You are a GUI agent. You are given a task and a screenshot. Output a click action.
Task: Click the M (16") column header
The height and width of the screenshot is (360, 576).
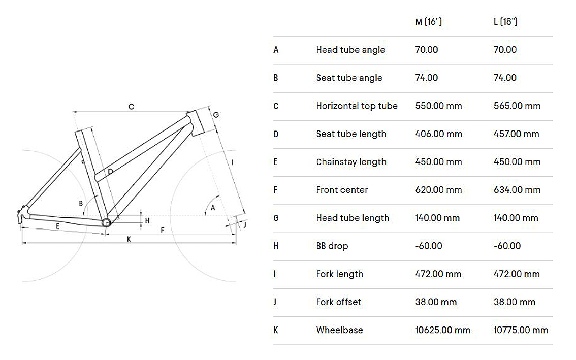(428, 22)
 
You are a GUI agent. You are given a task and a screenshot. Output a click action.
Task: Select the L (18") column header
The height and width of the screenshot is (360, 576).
(505, 22)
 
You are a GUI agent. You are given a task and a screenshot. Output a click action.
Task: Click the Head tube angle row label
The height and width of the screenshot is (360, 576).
(350, 50)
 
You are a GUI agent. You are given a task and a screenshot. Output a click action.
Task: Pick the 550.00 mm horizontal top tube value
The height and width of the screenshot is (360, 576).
(438, 106)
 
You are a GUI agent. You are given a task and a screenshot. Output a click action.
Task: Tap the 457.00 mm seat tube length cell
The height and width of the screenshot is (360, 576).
(516, 134)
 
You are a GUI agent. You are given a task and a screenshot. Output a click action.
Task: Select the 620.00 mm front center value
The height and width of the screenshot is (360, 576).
(438, 190)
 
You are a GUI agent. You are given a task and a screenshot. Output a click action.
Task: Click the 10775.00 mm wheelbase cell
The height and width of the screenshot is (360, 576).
(521, 330)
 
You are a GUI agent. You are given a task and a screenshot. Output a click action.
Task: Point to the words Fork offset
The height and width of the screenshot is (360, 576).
(339, 302)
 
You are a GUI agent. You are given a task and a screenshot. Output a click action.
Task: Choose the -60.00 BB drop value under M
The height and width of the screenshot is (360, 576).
(429, 246)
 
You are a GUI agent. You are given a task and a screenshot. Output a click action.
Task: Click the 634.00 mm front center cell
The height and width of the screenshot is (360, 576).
(517, 190)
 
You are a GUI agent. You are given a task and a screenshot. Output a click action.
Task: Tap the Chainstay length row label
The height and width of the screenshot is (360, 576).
(351, 162)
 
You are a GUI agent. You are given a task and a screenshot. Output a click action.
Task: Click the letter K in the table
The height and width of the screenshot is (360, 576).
(276, 330)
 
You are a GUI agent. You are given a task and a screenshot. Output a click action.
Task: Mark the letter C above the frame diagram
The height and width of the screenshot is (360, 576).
(131, 107)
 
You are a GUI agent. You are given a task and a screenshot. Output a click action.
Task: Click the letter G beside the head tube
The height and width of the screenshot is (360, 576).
(216, 115)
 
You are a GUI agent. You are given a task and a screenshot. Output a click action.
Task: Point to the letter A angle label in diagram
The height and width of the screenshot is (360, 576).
(213, 208)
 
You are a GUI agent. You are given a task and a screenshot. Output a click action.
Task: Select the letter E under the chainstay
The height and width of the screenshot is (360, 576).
(58, 226)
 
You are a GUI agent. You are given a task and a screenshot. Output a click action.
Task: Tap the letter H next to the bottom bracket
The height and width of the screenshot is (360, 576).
(147, 220)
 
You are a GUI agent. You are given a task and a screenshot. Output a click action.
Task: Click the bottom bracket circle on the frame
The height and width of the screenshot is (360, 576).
(106, 222)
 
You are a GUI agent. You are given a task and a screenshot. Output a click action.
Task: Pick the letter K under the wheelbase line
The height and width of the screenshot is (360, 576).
(129, 239)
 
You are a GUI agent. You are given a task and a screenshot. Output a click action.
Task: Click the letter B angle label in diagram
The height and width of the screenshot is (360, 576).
(81, 203)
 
